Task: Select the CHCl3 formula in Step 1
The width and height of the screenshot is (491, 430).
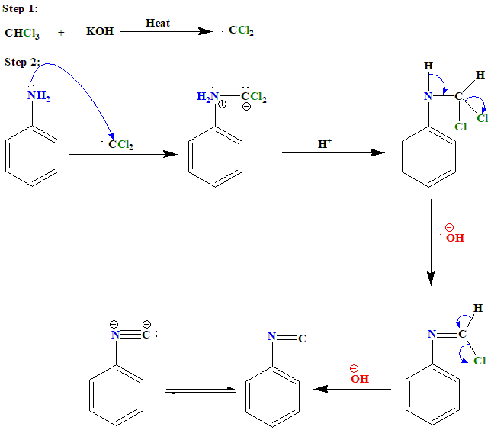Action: pos(21,33)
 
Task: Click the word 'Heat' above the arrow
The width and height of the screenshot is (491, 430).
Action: pos(158,23)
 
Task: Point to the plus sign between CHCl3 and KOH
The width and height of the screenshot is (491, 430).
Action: pos(61,33)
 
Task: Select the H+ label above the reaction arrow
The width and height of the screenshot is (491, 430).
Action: pos(325,143)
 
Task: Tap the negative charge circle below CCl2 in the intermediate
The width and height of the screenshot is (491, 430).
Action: pos(246,107)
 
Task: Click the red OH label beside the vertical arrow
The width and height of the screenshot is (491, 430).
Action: pos(455,238)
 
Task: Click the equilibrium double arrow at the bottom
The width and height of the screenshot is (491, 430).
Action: pos(201,390)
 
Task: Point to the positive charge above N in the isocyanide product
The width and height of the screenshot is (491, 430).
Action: pos(114,323)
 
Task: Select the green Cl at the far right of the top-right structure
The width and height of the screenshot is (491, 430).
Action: pos(482,118)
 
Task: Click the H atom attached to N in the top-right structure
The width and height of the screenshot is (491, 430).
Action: pos(428,66)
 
